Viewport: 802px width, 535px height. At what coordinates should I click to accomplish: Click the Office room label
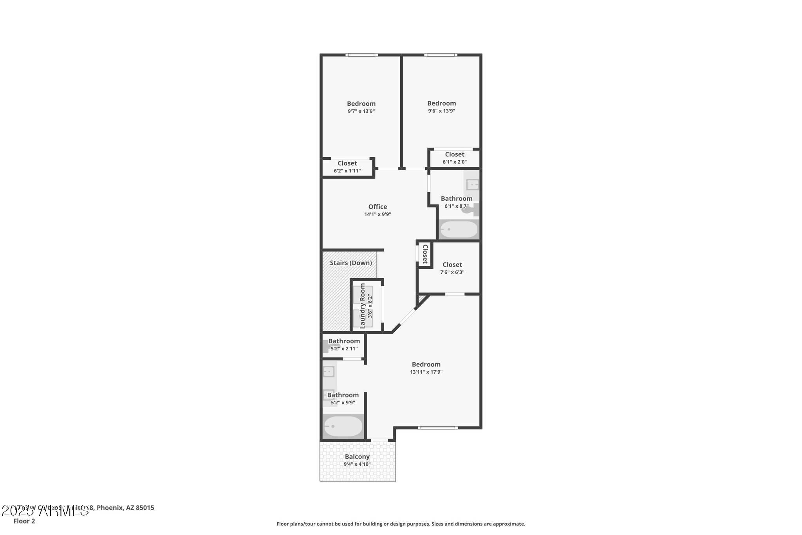coord(378,207)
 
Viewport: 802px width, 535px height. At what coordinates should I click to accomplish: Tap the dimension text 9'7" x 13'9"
coord(361,111)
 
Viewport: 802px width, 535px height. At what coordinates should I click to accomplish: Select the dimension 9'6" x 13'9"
coord(441,111)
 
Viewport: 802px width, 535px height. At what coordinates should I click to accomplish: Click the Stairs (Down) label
coord(350,263)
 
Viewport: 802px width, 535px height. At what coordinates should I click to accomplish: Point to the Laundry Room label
coord(363,306)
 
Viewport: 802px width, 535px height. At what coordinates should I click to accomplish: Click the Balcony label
coord(357,457)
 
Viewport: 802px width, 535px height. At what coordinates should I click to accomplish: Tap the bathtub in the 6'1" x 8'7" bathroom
coord(459,229)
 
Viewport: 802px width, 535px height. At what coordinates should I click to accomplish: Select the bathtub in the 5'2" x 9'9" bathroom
coord(343,426)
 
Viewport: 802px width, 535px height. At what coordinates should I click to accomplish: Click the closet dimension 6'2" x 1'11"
coord(347,171)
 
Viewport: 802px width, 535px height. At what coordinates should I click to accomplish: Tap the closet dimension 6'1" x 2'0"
coord(455,162)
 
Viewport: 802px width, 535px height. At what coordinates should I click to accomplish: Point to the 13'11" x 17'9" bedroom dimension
coord(426,372)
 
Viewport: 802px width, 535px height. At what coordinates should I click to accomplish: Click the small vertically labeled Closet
coord(425,254)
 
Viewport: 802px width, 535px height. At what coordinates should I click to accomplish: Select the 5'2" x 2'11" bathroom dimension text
coord(344,348)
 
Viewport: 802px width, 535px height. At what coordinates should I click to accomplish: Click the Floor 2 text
coord(24,521)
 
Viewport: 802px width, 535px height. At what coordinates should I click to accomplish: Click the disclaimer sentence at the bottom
coord(401,524)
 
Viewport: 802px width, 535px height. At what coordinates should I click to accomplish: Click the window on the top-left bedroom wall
coord(361,55)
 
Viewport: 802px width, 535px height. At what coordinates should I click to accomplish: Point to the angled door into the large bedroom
coord(406,316)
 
